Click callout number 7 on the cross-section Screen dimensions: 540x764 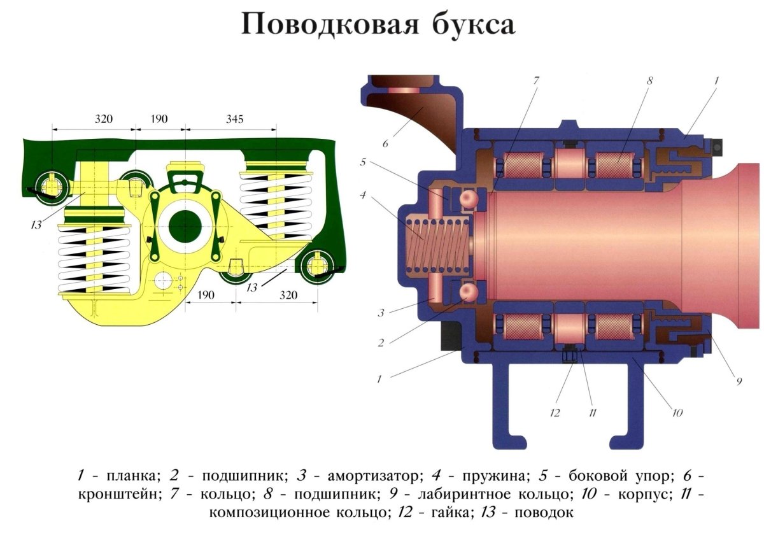[x=536, y=81]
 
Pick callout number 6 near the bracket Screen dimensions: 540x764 [x=385, y=144]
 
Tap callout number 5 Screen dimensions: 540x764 [x=362, y=162]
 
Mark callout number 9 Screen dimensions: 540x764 [x=739, y=381]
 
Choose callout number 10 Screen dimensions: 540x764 [x=677, y=413]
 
